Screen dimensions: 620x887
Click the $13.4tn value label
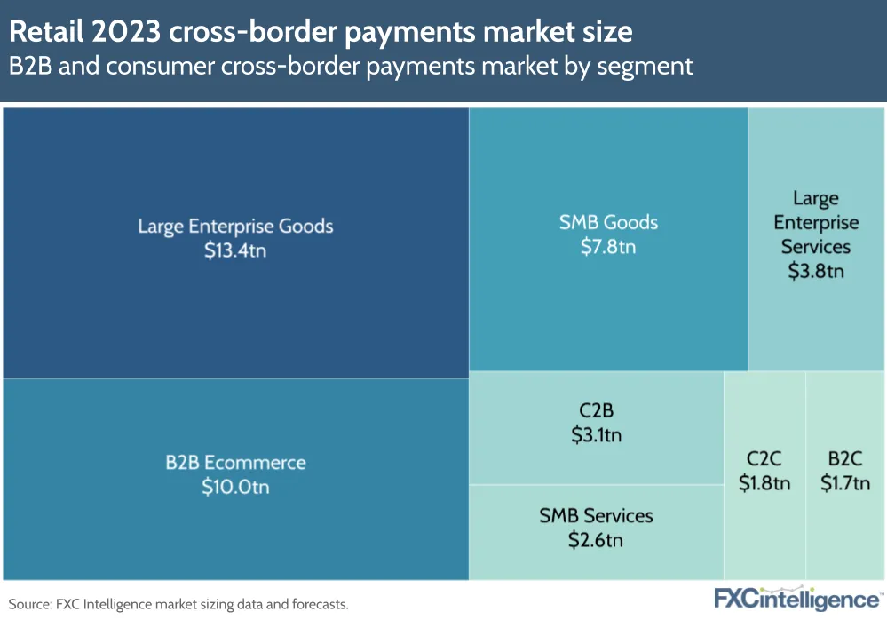235,250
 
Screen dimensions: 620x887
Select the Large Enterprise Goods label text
235,226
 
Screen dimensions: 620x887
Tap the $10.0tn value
235,488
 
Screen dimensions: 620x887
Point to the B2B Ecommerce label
235,463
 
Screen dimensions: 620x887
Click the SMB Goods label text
608,222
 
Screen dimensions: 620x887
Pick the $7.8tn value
608,247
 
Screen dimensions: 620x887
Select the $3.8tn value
816,271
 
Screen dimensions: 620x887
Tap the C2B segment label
596,410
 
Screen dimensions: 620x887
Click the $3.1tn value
596,435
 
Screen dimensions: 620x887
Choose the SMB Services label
596,515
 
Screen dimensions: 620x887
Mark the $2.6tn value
596,540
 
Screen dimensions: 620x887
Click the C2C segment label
764,458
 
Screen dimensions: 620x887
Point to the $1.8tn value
764,483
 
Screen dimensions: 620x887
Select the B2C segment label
845,458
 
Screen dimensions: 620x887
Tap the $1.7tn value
845,483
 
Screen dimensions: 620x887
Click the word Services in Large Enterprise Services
816,247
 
